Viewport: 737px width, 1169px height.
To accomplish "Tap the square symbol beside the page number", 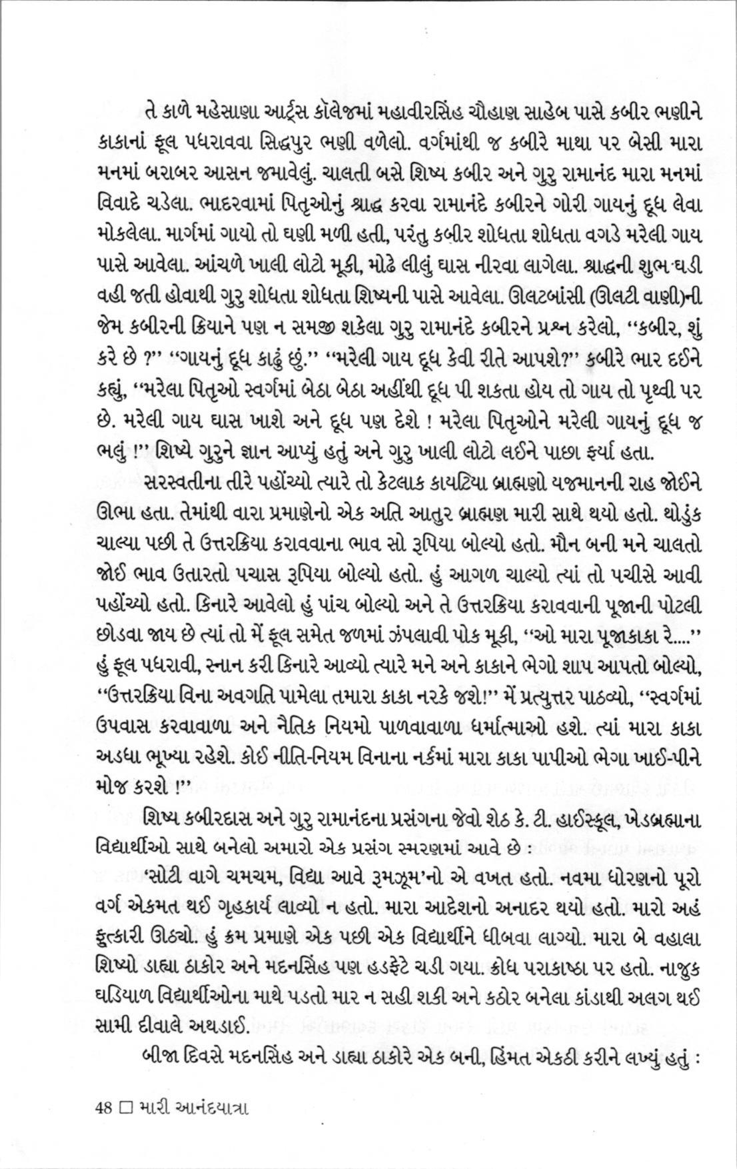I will (x=124, y=1108).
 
